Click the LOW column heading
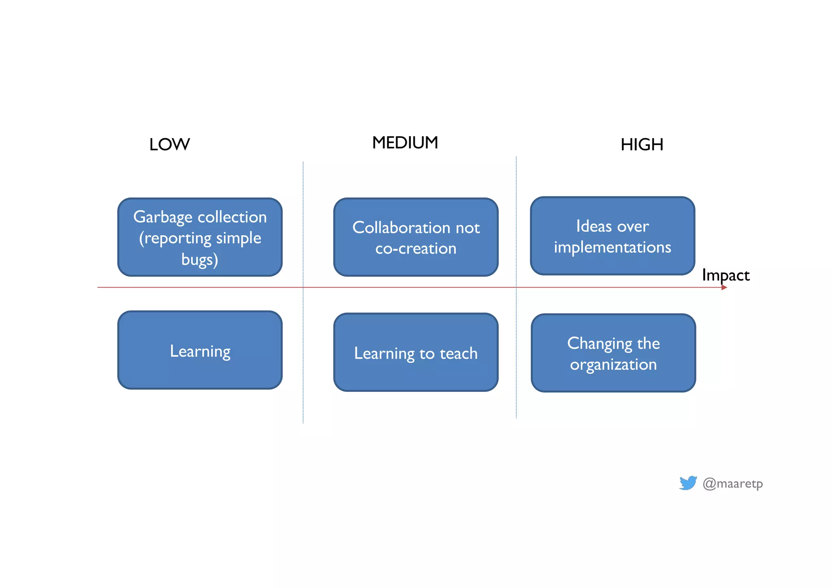169,145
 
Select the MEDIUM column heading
405,143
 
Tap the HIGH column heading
642,145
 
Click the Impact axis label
726,276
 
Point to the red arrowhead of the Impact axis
724,287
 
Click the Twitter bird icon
688,483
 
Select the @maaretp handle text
732,484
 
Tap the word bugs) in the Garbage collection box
200,259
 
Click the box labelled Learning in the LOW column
200,351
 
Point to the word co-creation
416,248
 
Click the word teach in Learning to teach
459,353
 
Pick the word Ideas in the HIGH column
594,226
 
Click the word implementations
612,247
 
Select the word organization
613,365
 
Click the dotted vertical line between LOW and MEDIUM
303,345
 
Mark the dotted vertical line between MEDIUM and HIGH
516,345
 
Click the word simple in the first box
238,238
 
